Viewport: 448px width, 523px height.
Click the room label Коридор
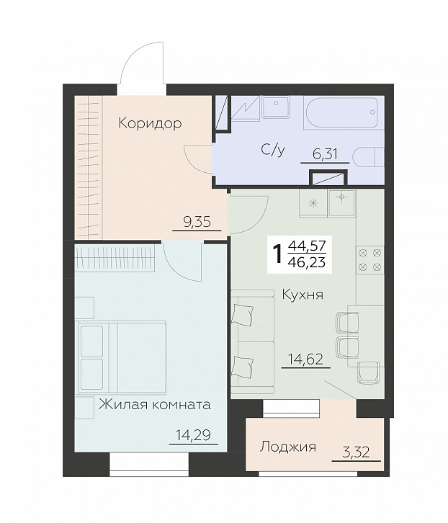coord(150,123)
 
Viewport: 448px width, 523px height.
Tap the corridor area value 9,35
coord(197,222)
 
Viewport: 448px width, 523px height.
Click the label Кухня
coord(302,295)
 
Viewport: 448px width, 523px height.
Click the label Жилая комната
coord(155,404)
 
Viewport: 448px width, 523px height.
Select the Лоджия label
coord(287,447)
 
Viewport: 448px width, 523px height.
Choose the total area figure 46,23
coord(306,263)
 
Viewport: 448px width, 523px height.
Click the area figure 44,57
coord(306,246)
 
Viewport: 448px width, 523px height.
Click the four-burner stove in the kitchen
coord(370,259)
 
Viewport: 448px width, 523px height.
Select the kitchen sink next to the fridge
coord(341,202)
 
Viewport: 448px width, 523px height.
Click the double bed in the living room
coord(122,357)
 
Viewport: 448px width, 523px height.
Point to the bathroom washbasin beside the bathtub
coord(274,108)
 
